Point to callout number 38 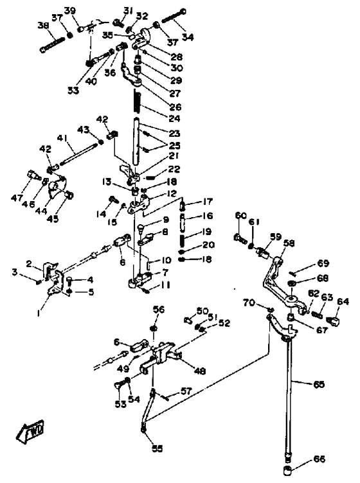(43, 26)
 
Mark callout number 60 (241, 215)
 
